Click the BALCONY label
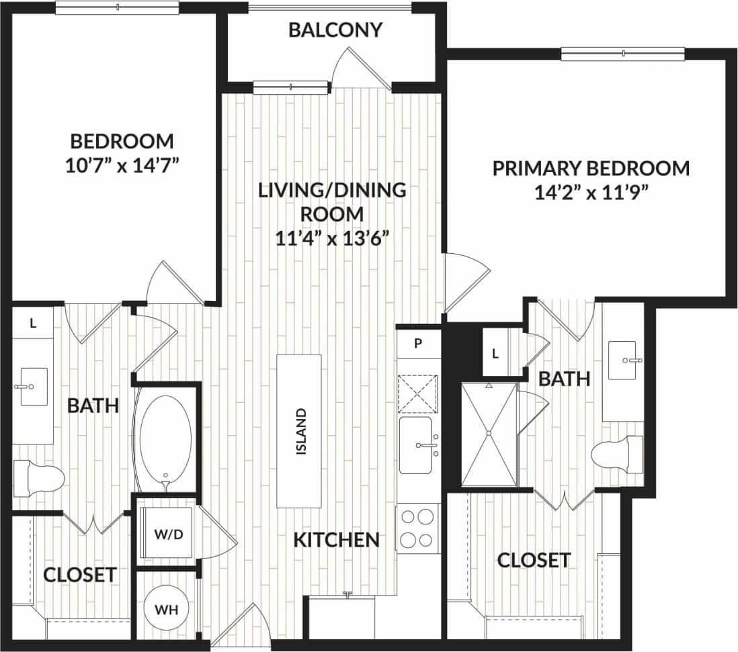335,30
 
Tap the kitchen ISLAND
299,431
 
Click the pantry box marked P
417,342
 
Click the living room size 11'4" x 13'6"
333,238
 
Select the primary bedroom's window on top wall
622,54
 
